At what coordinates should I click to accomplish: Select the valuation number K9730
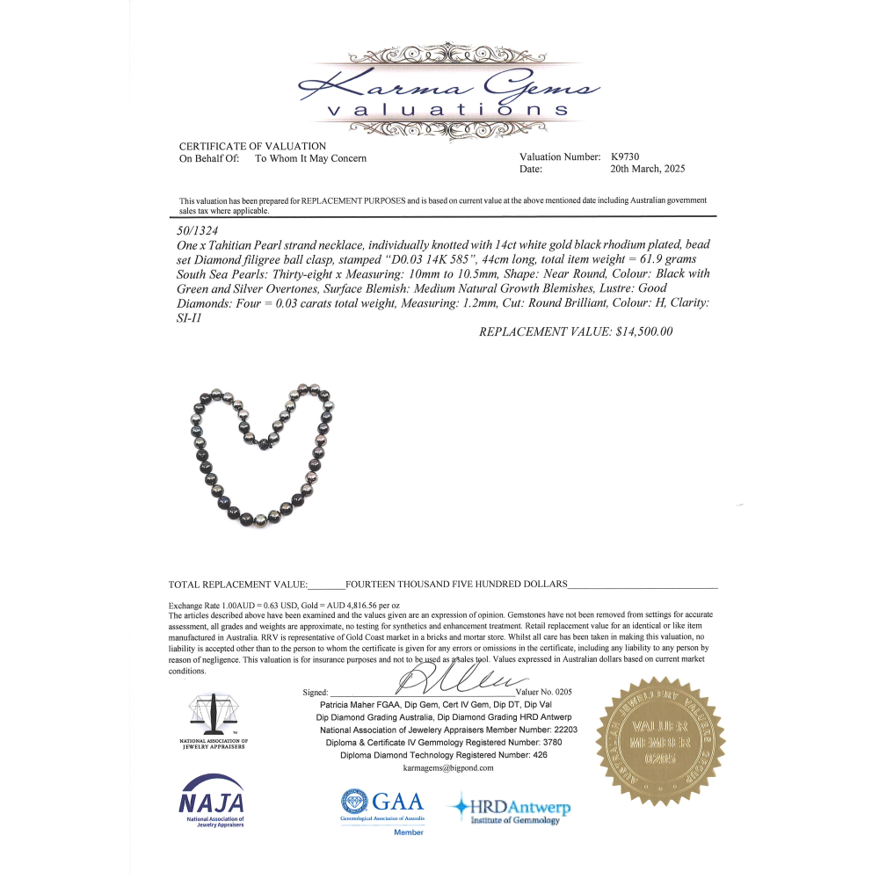click(627, 157)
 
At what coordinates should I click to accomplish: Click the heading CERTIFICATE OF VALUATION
click(252, 146)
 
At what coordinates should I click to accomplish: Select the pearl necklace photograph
click(263, 453)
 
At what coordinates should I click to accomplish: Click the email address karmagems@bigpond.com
click(448, 767)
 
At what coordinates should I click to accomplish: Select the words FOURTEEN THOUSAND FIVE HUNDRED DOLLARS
click(457, 584)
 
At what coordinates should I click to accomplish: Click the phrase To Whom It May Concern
click(310, 158)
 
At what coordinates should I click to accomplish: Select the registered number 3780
click(545, 742)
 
